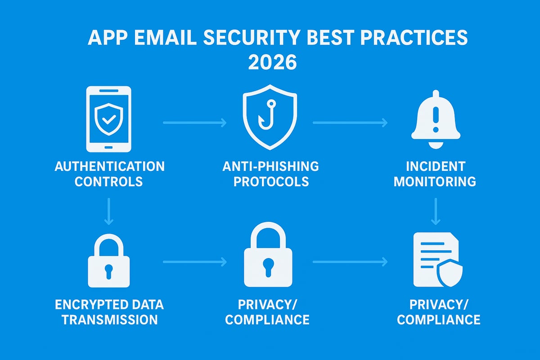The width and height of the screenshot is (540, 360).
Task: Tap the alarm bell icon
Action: coord(436,119)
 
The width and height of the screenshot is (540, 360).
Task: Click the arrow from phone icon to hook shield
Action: coord(194,122)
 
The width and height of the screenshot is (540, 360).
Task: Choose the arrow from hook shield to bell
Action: coord(350,122)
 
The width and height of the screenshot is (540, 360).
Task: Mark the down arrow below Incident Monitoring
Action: coord(436,212)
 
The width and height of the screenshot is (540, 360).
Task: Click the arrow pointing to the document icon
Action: coord(350,261)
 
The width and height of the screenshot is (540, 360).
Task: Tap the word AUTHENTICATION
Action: coord(109,166)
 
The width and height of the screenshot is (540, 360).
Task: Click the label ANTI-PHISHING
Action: coord(270,166)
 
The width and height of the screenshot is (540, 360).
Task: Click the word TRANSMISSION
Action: coord(109,319)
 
